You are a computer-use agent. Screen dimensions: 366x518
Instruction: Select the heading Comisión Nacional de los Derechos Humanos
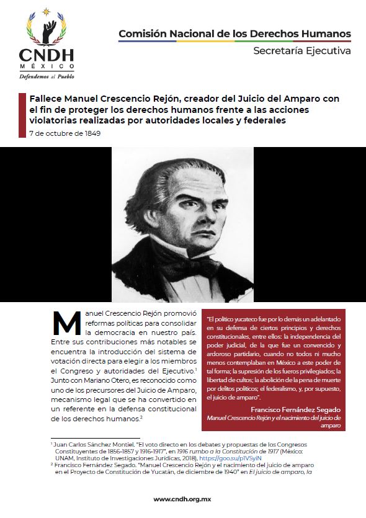pos(234,33)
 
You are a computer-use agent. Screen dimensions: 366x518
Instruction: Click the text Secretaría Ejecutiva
pos(302,51)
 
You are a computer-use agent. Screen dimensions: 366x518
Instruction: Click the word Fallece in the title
pos(46,99)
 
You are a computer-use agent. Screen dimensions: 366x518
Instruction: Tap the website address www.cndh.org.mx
pos(183,499)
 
